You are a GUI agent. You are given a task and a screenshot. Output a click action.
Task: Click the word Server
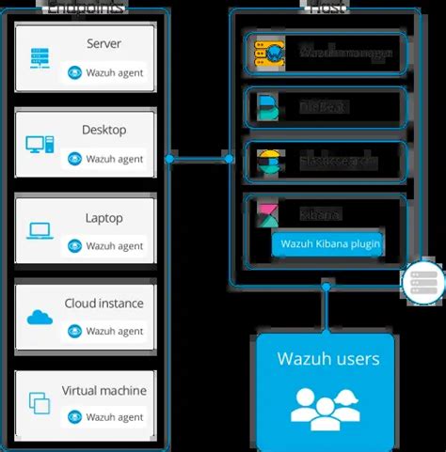tap(104, 43)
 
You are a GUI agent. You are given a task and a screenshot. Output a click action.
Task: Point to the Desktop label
tap(104, 130)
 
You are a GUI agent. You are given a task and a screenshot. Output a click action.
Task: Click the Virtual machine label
tap(104, 390)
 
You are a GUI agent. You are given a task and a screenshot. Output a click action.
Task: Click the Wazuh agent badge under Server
tap(105, 72)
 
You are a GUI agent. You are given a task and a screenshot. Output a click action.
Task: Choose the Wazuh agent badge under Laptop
tap(105, 245)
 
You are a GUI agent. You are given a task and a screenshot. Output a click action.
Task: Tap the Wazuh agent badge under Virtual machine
tap(105, 417)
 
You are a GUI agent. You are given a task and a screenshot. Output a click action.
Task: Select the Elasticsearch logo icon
tap(267, 163)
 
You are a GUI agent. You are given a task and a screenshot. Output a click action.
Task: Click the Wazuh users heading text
tap(327, 358)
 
